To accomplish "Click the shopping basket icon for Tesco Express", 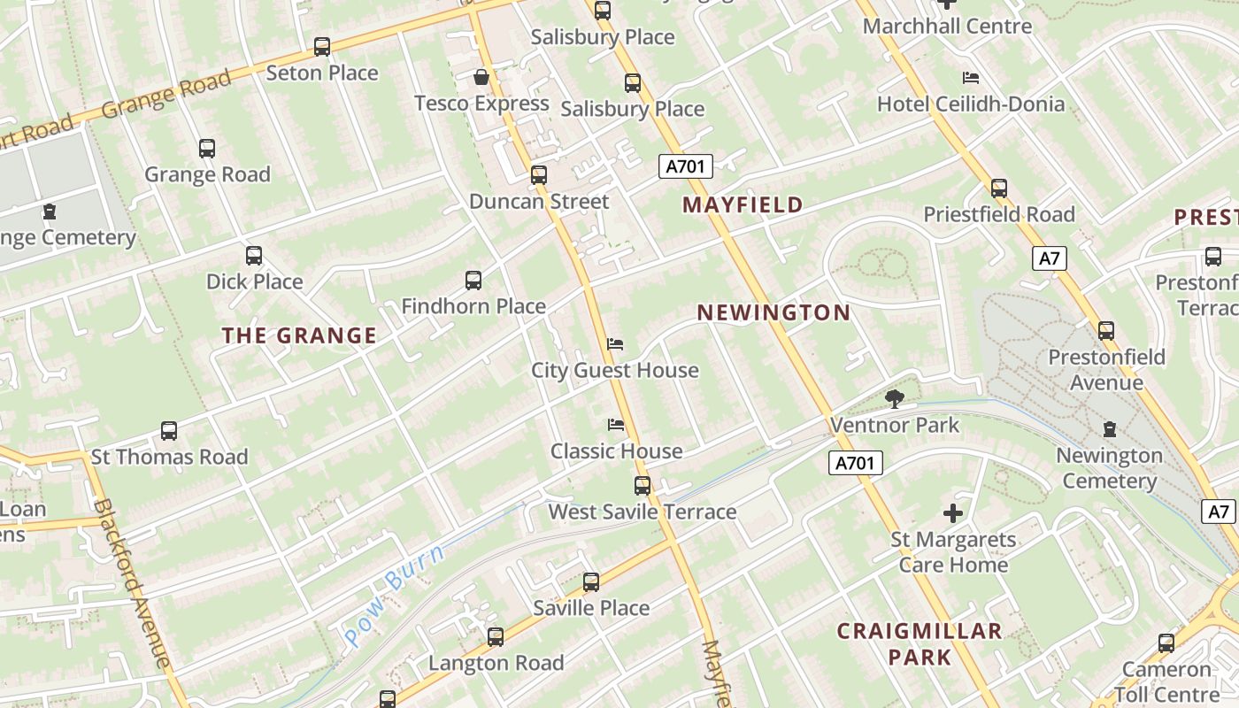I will tap(481, 78).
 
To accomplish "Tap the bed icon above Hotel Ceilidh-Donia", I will tap(971, 78).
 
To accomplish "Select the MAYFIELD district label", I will tap(743, 205).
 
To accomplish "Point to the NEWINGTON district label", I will tap(773, 312).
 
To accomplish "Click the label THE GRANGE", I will tap(299, 335).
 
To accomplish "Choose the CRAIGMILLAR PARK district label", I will tap(920, 643).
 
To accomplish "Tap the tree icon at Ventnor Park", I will tap(895, 399).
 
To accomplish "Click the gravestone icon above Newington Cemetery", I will tap(1109, 429).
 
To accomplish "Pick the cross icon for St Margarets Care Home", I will tap(952, 513).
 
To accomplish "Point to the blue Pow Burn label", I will tap(394, 595).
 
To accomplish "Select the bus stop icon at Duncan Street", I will tap(539, 175).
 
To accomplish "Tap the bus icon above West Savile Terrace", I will tap(643, 486).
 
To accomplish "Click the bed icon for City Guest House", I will tap(615, 344).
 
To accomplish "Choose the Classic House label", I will tap(616, 451).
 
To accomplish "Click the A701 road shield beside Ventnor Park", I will tap(856, 462).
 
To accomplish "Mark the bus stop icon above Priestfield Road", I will tap(999, 189).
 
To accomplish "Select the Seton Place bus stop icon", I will tap(322, 47).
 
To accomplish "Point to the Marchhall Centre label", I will tap(947, 26).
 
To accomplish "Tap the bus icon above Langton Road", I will tap(496, 637).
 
